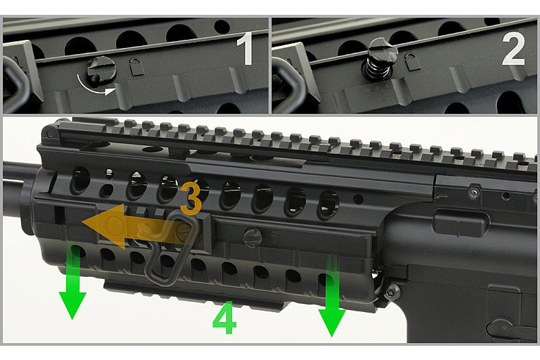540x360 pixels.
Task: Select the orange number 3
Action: click(x=190, y=199)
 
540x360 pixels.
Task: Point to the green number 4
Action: click(x=225, y=317)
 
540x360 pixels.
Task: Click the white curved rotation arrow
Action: click(x=94, y=88)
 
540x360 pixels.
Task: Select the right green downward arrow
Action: click(x=332, y=296)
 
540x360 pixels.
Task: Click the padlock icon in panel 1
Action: click(x=137, y=66)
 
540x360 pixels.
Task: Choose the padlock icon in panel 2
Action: click(x=412, y=61)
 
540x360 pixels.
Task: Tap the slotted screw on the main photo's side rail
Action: click(x=253, y=237)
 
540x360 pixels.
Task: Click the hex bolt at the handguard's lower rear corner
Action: click(x=393, y=292)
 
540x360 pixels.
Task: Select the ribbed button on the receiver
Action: click(x=460, y=224)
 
